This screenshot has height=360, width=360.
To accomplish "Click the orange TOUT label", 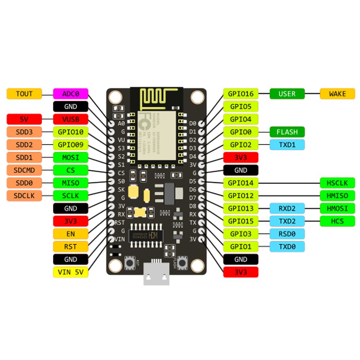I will click(24, 94).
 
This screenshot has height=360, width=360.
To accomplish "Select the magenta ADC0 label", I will click(71, 94).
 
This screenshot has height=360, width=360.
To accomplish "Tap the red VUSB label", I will click(71, 119).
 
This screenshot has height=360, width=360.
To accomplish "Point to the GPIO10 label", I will click(71, 132).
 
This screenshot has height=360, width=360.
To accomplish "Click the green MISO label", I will click(71, 183).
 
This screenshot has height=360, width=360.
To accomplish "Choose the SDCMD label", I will click(24, 170).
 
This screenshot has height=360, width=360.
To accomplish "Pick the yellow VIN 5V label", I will click(71, 272).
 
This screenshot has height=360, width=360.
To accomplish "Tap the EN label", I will click(71, 234).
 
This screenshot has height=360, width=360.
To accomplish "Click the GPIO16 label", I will click(241, 94).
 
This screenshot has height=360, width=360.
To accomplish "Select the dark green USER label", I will click(287, 94).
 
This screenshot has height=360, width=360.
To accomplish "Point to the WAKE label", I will click(337, 94).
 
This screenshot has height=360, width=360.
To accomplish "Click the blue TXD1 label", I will click(287, 145).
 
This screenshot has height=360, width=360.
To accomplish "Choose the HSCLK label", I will click(337, 183).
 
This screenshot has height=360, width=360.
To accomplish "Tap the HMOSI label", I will click(337, 208).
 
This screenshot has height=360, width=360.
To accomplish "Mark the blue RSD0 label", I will click(287, 234).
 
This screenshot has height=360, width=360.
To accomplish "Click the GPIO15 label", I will click(241, 221).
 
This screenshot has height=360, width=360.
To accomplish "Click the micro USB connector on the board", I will click(156, 274).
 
